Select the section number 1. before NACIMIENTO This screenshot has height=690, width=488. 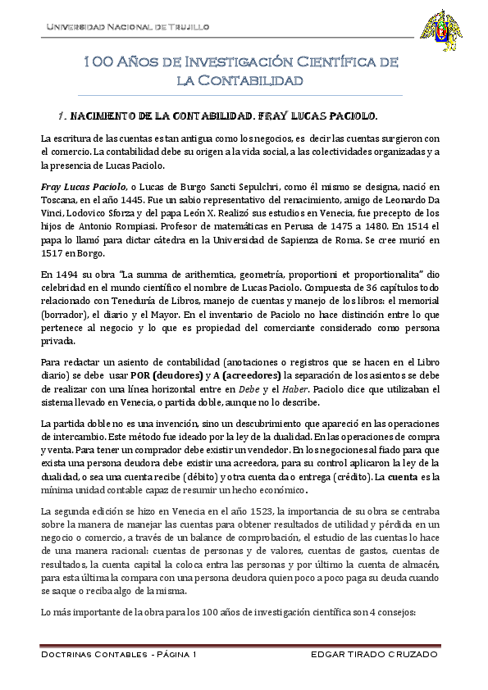[63, 116]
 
